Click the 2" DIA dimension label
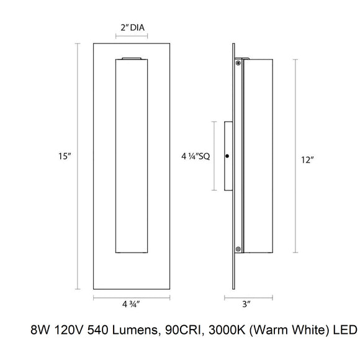pyautogui.click(x=132, y=27)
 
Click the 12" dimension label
pyautogui.click(x=307, y=160)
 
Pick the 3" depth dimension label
pyautogui.click(x=246, y=305)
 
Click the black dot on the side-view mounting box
pyautogui.click(x=227, y=155)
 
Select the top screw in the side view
pyautogui.click(x=238, y=63)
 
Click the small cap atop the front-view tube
pyautogui.click(x=132, y=59)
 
